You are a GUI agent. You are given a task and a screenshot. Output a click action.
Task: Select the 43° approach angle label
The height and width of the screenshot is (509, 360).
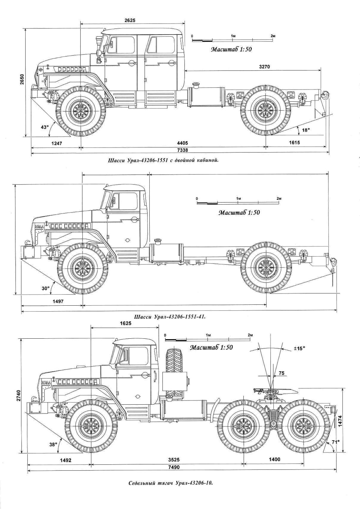click(x=45, y=127)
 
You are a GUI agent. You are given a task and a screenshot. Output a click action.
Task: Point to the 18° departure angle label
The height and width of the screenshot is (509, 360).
click(x=305, y=130)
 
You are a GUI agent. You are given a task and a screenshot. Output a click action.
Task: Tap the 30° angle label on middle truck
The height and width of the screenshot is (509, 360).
click(x=45, y=288)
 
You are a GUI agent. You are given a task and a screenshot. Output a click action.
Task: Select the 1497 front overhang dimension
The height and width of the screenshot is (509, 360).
click(x=58, y=301)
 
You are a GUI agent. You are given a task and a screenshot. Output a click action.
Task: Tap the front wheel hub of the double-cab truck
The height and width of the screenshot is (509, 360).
click(x=80, y=111)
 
